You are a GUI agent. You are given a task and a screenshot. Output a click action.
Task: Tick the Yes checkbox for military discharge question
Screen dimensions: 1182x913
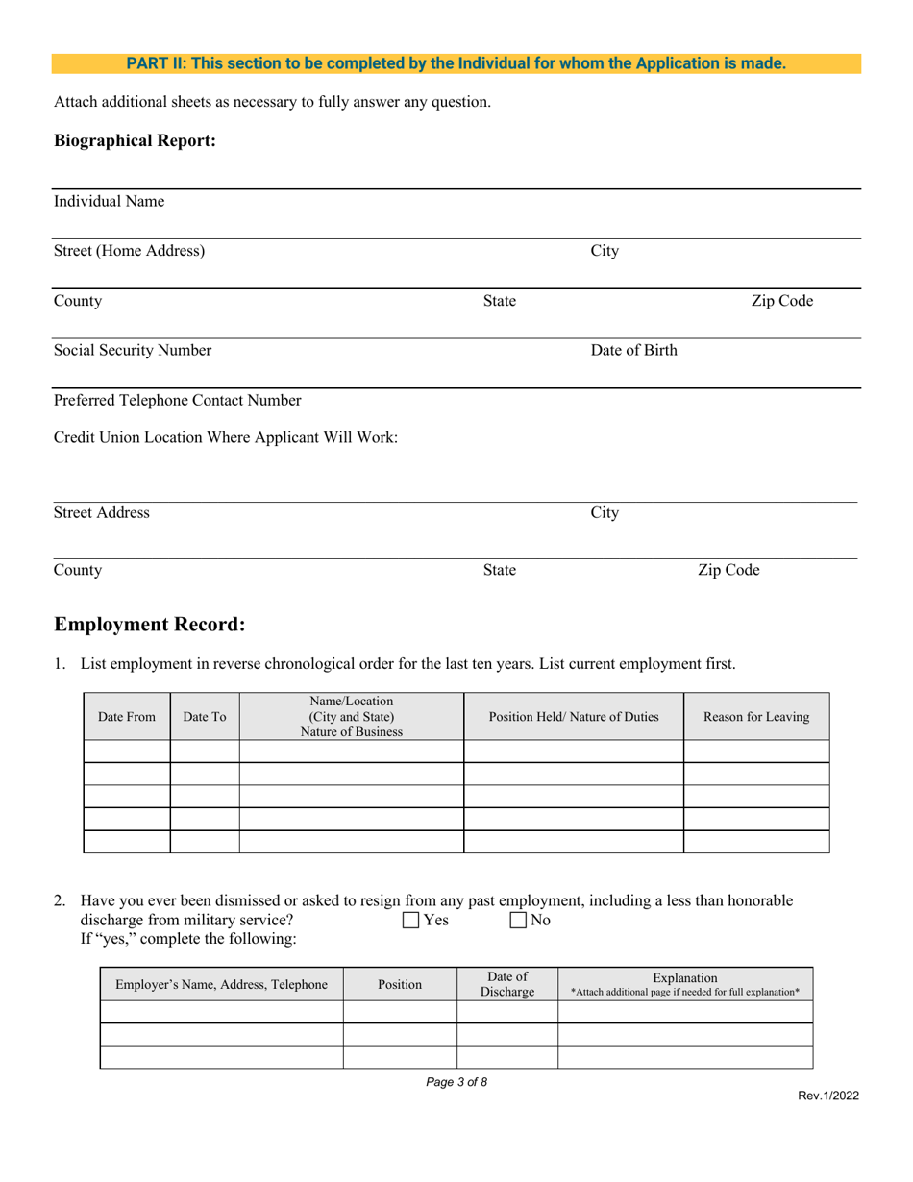pyautogui.click(x=411, y=921)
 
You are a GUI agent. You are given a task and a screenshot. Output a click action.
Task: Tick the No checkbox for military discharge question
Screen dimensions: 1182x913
pyautogui.click(x=518, y=921)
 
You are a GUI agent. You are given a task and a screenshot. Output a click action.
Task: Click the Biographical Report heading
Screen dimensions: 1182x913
pyautogui.click(x=135, y=141)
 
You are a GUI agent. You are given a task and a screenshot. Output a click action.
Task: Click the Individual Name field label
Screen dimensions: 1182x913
pyautogui.click(x=109, y=202)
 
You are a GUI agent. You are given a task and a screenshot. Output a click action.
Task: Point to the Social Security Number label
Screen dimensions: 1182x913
pyautogui.click(x=133, y=351)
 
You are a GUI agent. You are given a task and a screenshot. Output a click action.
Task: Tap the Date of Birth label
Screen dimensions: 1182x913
pyautogui.click(x=633, y=351)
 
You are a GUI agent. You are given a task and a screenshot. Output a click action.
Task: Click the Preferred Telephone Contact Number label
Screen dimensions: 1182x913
pyautogui.click(x=178, y=400)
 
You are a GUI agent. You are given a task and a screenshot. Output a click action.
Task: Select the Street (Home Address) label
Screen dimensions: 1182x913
pyautogui.click(x=129, y=252)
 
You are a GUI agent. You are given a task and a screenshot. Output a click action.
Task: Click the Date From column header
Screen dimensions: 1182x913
pyautogui.click(x=127, y=717)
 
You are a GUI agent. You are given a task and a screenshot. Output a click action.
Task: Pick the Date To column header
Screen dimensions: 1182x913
pyautogui.click(x=205, y=717)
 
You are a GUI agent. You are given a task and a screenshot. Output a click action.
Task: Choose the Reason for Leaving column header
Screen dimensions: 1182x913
pyautogui.click(x=756, y=717)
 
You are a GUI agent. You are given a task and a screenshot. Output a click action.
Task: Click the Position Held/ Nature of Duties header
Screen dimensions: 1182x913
pyautogui.click(x=574, y=717)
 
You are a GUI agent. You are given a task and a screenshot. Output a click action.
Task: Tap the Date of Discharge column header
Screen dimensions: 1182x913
pyautogui.click(x=507, y=984)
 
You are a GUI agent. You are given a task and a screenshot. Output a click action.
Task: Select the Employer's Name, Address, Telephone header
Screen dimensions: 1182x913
pyautogui.click(x=222, y=984)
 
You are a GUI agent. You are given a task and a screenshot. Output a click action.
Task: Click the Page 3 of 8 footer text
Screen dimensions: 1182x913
pyautogui.click(x=456, y=1082)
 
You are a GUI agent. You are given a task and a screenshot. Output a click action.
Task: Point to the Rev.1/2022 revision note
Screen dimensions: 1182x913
pyautogui.click(x=827, y=1096)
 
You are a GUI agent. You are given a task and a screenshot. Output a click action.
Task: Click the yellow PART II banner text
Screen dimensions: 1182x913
pyautogui.click(x=456, y=64)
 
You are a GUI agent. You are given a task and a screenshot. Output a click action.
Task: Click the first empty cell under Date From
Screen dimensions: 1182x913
pyautogui.click(x=127, y=751)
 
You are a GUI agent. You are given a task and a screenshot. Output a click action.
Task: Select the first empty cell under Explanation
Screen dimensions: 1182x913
pyautogui.click(x=685, y=1012)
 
